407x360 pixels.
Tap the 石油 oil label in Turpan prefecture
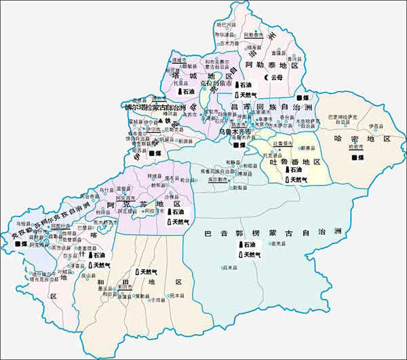[293, 170]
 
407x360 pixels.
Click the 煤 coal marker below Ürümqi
[239, 145]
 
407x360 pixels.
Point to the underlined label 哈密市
[352, 146]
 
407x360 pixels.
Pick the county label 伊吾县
[374, 125]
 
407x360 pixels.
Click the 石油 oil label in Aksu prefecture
[177, 212]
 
